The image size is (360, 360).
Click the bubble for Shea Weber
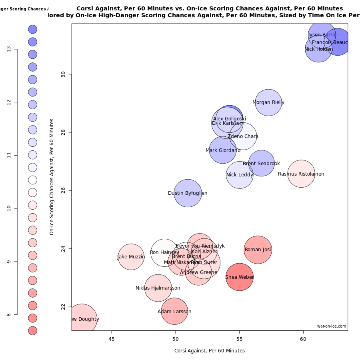pos(240,277)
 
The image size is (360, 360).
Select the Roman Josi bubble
pos(258,250)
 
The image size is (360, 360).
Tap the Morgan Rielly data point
pos(268,102)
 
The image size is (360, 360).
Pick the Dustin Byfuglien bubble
pos(188,193)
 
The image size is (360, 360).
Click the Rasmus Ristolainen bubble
pos(301,174)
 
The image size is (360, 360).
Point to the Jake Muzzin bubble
pos(131,257)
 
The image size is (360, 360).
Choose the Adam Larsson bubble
pos(174,312)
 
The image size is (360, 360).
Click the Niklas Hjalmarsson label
pos(158,288)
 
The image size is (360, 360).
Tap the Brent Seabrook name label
pos(261,164)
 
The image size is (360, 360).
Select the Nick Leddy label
pos(240,175)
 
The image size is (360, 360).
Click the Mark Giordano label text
pos(223,150)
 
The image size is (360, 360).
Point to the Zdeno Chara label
pos(243,136)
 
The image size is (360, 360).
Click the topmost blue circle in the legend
pos(33,29)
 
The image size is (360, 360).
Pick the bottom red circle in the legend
pos(33,330)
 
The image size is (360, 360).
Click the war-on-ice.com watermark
pos(331,326)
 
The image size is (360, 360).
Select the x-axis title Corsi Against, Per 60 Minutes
pos(210,351)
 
